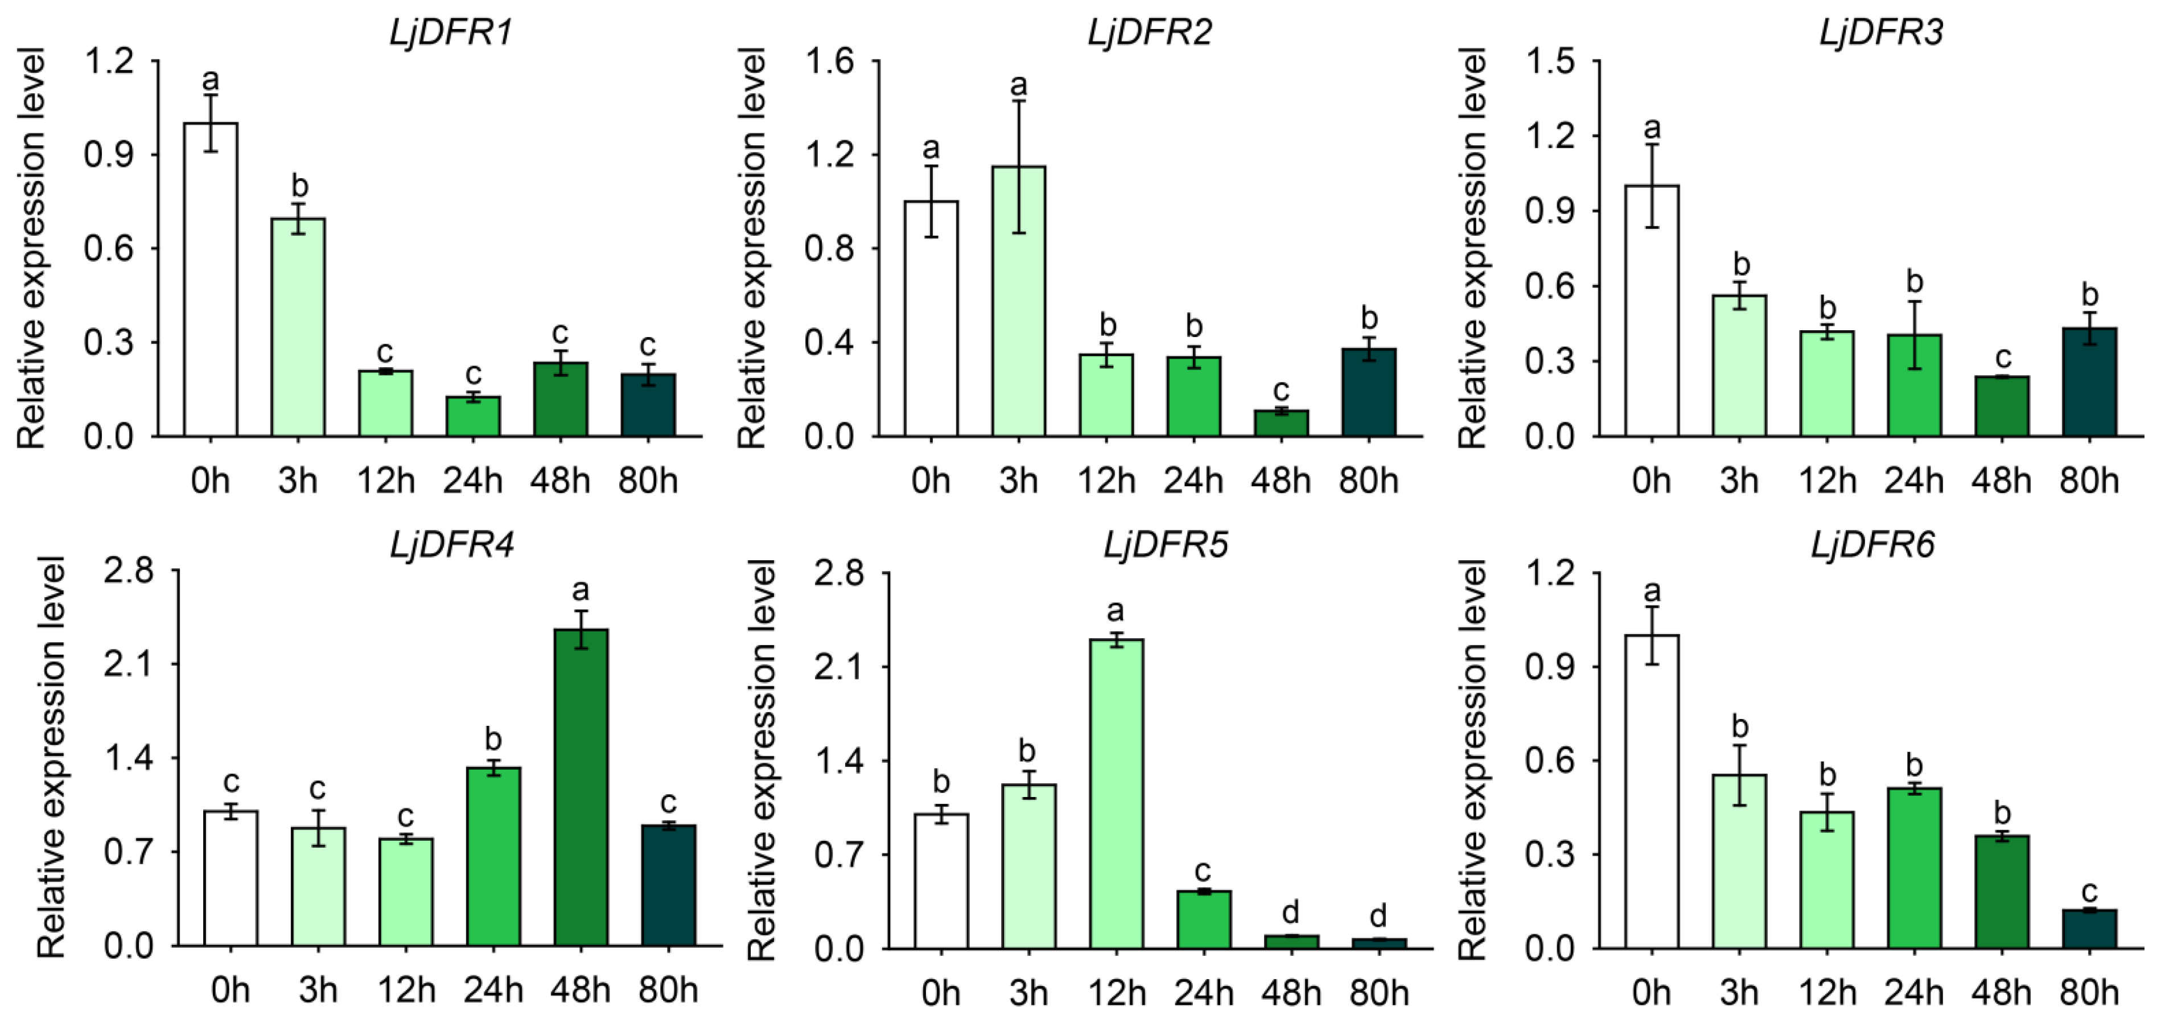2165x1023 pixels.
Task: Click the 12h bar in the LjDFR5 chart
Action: [x=1116, y=794]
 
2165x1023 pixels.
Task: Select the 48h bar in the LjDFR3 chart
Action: [x=2002, y=406]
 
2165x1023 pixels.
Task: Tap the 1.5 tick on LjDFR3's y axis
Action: [x=1549, y=61]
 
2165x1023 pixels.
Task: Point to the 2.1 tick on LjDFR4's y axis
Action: [x=129, y=664]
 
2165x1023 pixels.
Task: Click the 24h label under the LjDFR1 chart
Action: [x=472, y=481]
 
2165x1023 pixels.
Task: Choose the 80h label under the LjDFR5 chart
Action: [x=1379, y=993]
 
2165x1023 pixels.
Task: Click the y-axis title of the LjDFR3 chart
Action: [x=1472, y=248]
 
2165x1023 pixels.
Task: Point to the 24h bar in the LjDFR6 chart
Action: [x=1915, y=866]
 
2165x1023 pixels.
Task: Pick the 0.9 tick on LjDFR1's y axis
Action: [x=108, y=155]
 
